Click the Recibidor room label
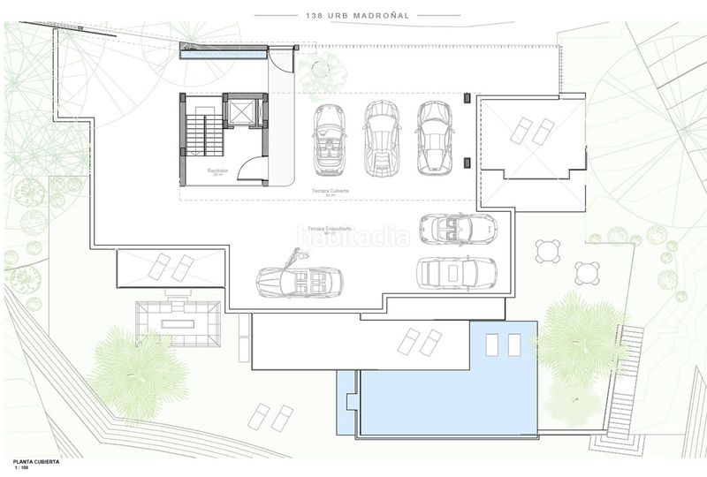tap(218, 170)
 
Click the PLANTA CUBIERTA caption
tap(38, 461)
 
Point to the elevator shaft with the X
tap(240, 117)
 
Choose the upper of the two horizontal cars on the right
tap(458, 230)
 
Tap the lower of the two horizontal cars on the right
tap(456, 271)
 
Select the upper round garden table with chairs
tap(548, 253)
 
